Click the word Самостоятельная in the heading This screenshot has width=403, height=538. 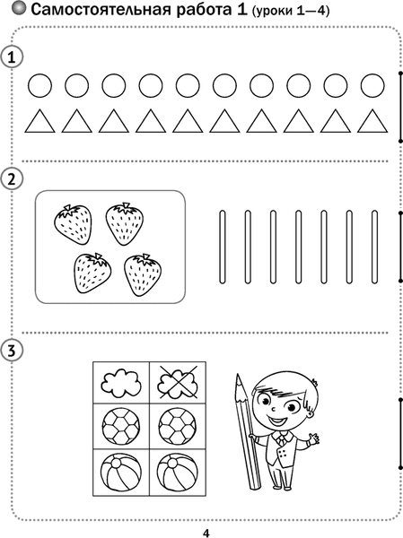pyautogui.click(x=101, y=10)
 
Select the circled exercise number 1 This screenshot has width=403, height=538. pyautogui.click(x=12, y=57)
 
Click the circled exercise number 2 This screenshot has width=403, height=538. pyautogui.click(x=12, y=178)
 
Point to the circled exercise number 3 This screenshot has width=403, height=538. pyautogui.click(x=12, y=351)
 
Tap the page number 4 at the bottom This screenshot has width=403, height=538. pyautogui.click(x=206, y=533)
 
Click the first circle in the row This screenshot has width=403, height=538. pyautogui.click(x=39, y=85)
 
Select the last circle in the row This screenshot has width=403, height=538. pyautogui.click(x=372, y=85)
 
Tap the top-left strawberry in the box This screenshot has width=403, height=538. pyautogui.click(x=74, y=224)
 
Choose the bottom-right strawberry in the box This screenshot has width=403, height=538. pyautogui.click(x=143, y=275)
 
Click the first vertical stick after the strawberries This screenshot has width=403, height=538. pyautogui.click(x=223, y=247)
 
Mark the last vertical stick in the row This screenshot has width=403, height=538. pyautogui.click(x=374, y=247)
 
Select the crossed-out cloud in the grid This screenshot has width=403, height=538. pyautogui.click(x=178, y=382)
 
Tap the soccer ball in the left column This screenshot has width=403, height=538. pyautogui.click(x=121, y=427)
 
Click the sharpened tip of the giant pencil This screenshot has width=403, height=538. pyautogui.click(x=238, y=376)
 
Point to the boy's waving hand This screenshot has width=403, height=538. pyautogui.click(x=313, y=438)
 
